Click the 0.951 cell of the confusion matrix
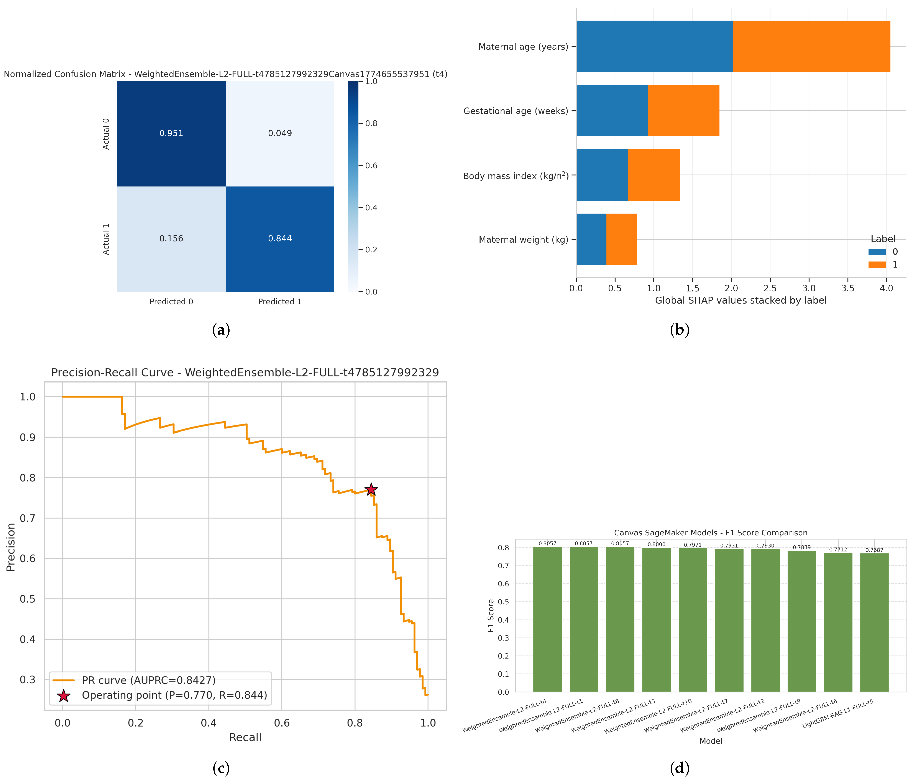coord(171,133)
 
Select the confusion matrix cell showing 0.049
coord(280,133)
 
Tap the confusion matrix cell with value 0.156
coord(171,239)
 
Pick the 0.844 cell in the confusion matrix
coord(280,239)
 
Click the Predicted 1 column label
coord(280,302)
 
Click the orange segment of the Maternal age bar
coord(812,46)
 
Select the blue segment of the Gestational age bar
coord(612,111)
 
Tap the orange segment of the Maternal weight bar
coord(621,239)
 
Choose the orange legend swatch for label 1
coord(877,265)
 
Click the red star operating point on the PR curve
coord(371,489)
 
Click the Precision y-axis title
coord(11,547)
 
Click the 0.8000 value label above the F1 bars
coord(657,544)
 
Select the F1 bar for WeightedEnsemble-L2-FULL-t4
coord(547,619)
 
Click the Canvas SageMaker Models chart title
coord(711,533)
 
